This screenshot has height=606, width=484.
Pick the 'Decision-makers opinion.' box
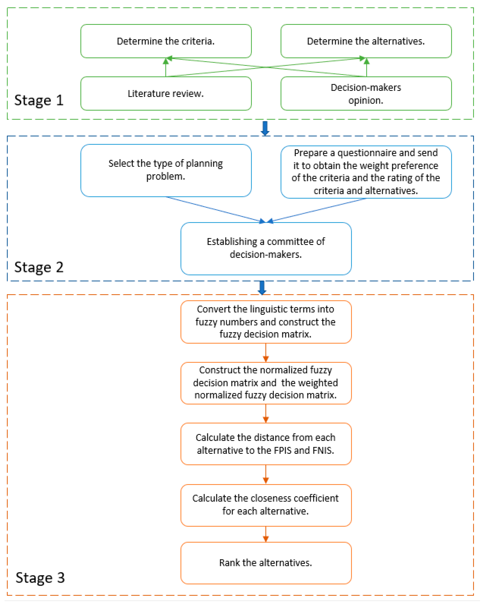click(x=366, y=94)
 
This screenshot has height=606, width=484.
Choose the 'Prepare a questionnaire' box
click(x=366, y=172)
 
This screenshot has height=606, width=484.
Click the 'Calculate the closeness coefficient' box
click(x=266, y=505)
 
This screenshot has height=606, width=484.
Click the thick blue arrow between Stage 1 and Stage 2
click(x=265, y=128)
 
